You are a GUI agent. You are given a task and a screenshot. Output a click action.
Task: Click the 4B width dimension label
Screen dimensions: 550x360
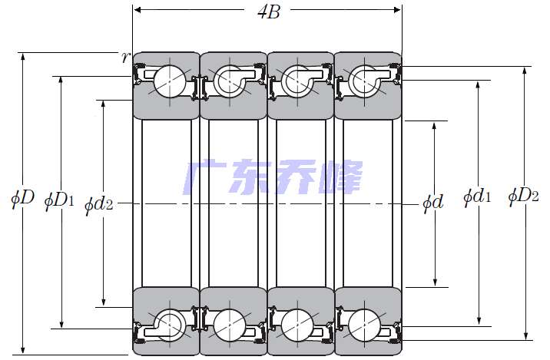[x=269, y=12]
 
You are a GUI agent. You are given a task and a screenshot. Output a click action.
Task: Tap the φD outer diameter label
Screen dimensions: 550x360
[x=23, y=198]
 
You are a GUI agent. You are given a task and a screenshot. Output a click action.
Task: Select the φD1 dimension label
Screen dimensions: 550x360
[x=59, y=201]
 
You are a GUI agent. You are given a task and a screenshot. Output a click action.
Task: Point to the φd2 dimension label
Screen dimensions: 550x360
[x=99, y=204]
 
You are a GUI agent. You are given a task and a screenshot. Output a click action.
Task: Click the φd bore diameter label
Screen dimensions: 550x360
[x=433, y=203]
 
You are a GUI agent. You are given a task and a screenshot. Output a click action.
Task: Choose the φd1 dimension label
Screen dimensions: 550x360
[x=477, y=197]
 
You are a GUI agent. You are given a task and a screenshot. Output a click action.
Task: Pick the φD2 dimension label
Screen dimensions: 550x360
[x=523, y=196]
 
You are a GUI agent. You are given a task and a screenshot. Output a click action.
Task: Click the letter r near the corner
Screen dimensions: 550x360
[x=125, y=57]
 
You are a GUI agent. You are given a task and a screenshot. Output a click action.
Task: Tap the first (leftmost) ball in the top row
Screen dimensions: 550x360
[x=170, y=81]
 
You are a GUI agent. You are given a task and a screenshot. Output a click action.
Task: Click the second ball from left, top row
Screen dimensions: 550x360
[x=230, y=81]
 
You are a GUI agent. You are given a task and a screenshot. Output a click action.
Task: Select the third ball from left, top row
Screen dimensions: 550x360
[x=297, y=81]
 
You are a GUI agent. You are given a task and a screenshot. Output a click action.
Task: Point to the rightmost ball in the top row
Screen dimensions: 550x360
[x=364, y=81]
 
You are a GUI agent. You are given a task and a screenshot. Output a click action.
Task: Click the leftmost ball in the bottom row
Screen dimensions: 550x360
[x=170, y=325]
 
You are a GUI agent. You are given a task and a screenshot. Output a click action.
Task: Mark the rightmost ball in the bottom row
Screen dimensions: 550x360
[x=364, y=325]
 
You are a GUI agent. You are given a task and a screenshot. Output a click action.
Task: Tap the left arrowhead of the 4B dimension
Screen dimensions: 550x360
[x=137, y=10]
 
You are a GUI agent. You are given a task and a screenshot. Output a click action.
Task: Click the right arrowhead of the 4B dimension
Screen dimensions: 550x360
[x=397, y=10]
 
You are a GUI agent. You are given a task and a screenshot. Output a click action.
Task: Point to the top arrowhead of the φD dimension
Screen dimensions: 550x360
[x=23, y=57]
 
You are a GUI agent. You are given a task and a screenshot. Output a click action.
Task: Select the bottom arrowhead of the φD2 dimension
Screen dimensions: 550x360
[x=525, y=335]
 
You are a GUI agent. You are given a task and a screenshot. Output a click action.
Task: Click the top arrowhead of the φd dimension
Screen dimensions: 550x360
[x=434, y=126]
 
